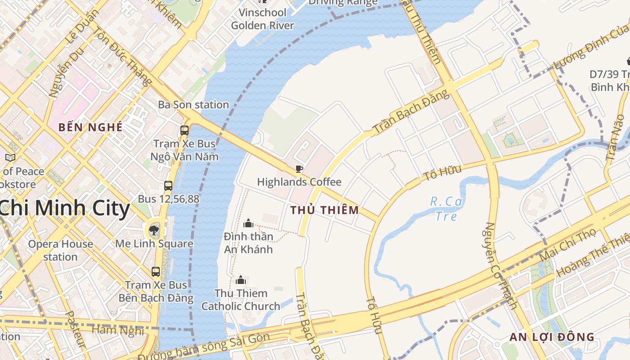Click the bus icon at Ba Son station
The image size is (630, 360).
[184, 130]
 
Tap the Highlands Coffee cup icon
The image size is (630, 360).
[299, 169]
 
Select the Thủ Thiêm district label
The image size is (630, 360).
[324, 210]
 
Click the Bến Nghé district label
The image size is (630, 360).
[90, 127]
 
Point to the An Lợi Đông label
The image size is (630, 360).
[552, 337]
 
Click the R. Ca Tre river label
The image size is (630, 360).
[446, 209]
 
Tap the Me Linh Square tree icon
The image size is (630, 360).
[154, 231]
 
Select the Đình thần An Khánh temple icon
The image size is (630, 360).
[248, 223]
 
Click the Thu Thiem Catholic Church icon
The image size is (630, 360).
[241, 280]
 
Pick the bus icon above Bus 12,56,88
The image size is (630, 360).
[168, 185]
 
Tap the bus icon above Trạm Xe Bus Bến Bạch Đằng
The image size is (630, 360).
[156, 272]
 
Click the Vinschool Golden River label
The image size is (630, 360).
[262, 19]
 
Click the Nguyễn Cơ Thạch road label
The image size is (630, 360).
[500, 265]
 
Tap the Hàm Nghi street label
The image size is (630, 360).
[118, 330]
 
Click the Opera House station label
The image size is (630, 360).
[60, 251]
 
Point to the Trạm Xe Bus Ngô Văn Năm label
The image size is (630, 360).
[184, 150]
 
